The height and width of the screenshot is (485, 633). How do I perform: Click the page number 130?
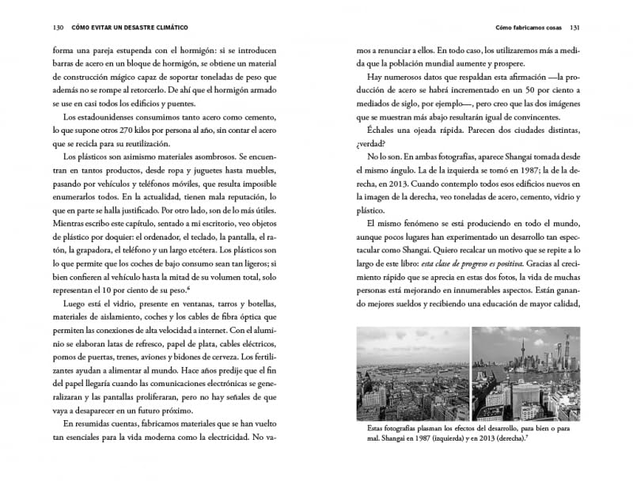point(36,28)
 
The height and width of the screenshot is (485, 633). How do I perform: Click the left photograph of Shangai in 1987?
point(412,373)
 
